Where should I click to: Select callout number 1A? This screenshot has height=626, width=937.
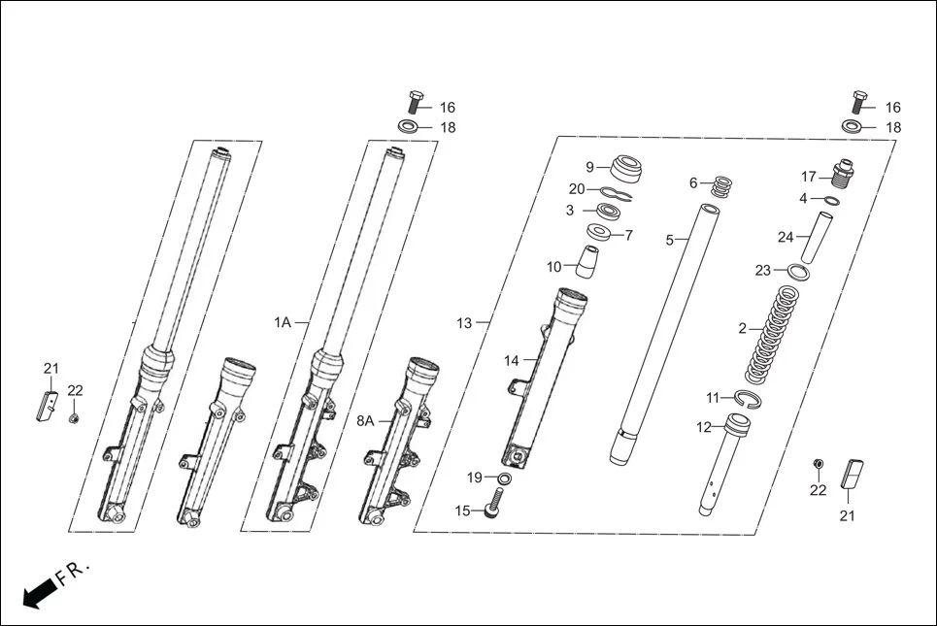coord(282,322)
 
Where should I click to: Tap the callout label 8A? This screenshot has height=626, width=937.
coord(365,420)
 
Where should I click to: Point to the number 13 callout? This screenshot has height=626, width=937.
coord(464,322)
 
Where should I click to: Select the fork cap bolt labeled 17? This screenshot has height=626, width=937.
coord(840,175)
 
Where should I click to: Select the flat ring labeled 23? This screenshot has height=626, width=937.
coord(795,272)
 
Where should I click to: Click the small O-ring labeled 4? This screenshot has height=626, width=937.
coord(832,201)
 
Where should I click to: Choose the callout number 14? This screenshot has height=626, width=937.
coord(512,361)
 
